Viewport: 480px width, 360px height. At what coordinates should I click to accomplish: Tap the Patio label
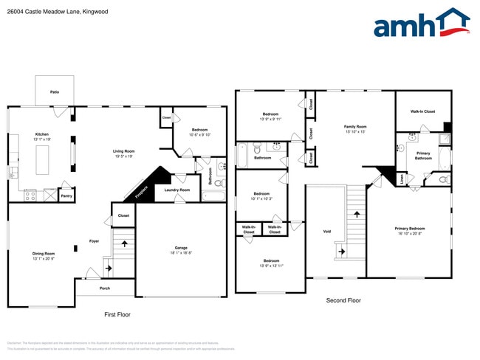click(55, 92)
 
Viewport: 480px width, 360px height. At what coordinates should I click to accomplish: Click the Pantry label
click(66, 196)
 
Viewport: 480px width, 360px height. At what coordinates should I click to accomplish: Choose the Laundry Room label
click(177, 190)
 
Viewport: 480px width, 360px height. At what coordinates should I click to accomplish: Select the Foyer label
click(94, 240)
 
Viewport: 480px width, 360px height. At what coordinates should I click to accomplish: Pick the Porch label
click(105, 288)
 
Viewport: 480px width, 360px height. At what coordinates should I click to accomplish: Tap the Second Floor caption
click(343, 300)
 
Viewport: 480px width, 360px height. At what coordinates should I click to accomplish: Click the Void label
click(327, 231)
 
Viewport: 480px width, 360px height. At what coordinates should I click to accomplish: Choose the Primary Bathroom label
click(423, 156)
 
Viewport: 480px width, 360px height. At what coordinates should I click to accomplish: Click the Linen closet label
click(402, 177)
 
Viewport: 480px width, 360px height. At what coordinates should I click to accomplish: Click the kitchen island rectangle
click(43, 159)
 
